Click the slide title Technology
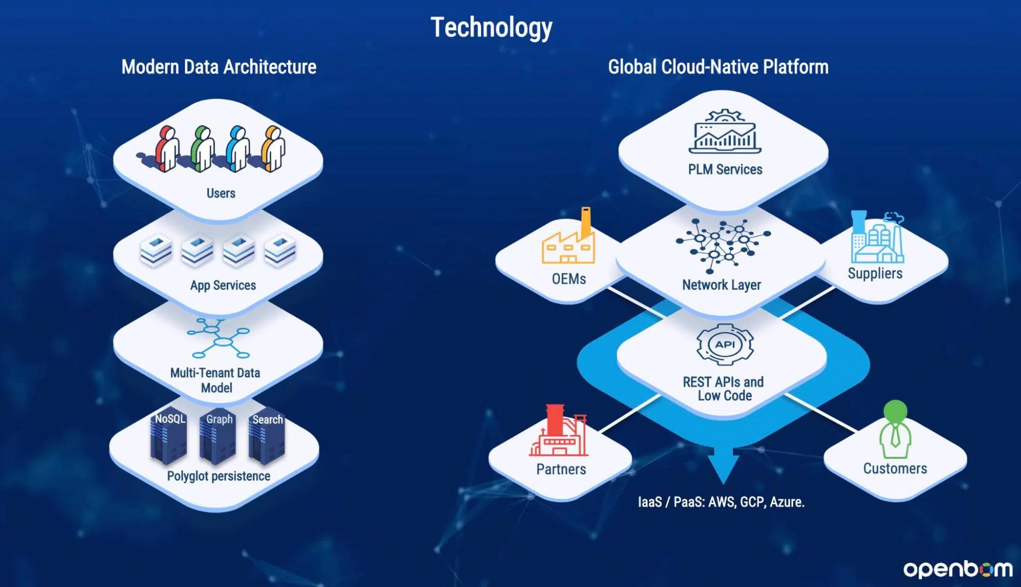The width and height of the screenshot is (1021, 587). [491, 28]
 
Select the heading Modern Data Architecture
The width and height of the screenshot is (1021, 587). [219, 67]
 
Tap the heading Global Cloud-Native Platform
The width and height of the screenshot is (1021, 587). [718, 67]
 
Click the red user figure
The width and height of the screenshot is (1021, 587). [167, 149]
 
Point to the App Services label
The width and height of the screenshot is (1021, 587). [223, 285]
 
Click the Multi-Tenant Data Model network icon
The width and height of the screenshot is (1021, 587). [219, 338]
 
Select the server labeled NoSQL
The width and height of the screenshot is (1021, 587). [169, 437]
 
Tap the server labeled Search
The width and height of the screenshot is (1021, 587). [266, 437]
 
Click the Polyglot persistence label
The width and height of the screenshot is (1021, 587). [219, 476]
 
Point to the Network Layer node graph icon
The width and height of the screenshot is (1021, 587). [723, 245]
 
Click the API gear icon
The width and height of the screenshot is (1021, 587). [725, 345]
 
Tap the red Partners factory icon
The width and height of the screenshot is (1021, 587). [559, 430]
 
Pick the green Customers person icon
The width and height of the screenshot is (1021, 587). [895, 430]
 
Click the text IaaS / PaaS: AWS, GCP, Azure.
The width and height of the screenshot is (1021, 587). [721, 502]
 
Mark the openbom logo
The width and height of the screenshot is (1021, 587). [958, 569]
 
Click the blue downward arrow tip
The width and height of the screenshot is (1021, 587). [723, 483]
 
